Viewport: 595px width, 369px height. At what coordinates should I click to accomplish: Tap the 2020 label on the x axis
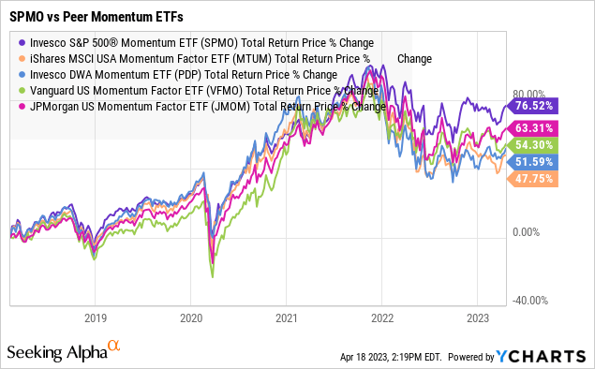coord(191,317)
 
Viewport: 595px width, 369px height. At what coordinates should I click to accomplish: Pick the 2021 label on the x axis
coord(286,317)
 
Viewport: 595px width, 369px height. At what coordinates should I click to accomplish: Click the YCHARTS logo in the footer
coord(548,356)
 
